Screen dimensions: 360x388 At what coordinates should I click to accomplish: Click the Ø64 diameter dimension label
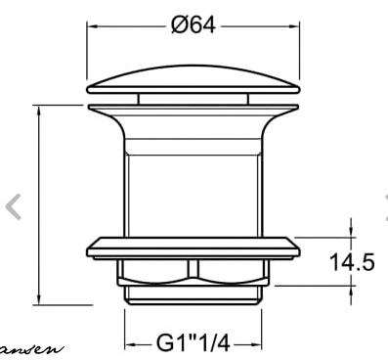pos(193,25)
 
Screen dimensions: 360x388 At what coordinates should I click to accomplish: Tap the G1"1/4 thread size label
pos(193,344)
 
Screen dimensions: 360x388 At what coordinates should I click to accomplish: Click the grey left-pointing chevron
pos(14,206)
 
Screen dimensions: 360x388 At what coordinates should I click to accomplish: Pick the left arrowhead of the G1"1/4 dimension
pos(128,344)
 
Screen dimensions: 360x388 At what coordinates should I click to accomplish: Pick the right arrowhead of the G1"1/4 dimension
pos(259,344)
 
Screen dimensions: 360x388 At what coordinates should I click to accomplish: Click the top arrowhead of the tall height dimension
pos(39,110)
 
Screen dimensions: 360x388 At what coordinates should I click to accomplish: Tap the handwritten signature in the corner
pos(29,347)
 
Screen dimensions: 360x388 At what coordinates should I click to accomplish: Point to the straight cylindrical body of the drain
pos(193,186)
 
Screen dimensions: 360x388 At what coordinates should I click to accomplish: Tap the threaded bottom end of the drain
pos(193,293)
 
